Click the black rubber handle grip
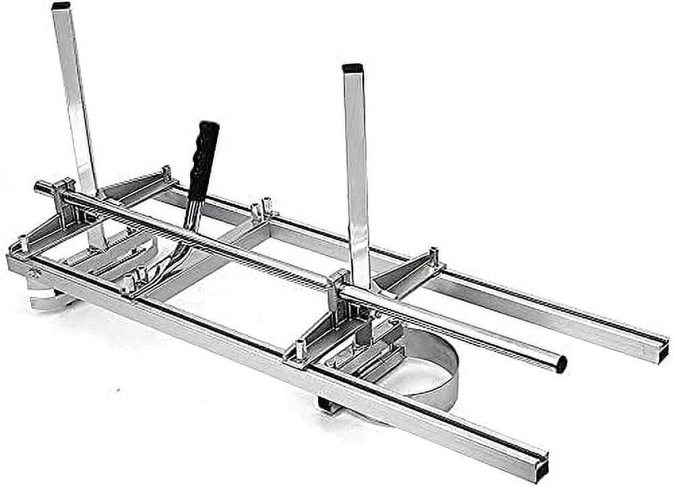204,159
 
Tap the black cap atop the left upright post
61,5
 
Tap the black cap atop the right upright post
353,68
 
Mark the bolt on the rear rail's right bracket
433,256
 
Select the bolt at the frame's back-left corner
166,173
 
